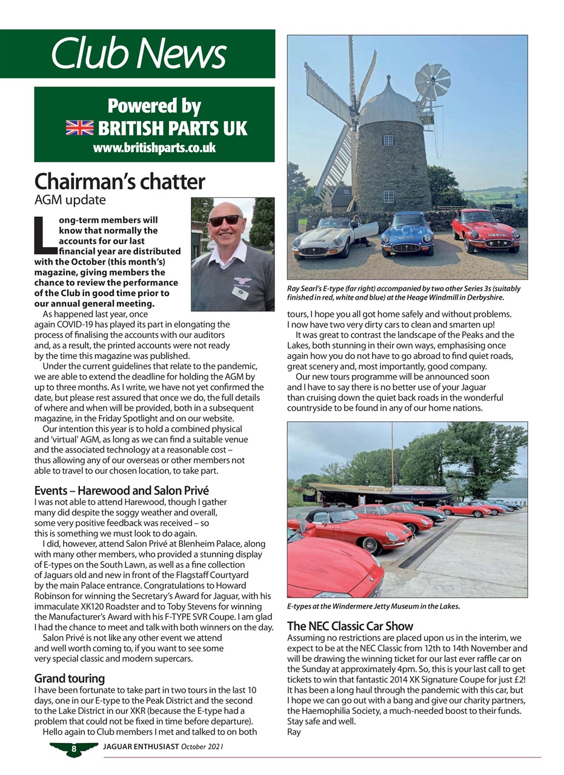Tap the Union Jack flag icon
pos(79,128)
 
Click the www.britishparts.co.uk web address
pos(154,148)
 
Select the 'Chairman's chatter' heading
pos(119,182)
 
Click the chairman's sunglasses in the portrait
pos(224,221)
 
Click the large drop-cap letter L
pos(45,236)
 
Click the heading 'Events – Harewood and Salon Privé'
pos(121,490)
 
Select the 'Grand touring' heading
pos(69,678)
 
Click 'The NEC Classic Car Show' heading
pos(350,626)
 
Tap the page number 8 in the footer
pos(73,749)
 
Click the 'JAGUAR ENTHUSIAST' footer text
pos(141,747)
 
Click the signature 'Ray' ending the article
pos(294,731)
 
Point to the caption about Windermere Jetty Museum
pos(373,605)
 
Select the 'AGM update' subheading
pos(70,200)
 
